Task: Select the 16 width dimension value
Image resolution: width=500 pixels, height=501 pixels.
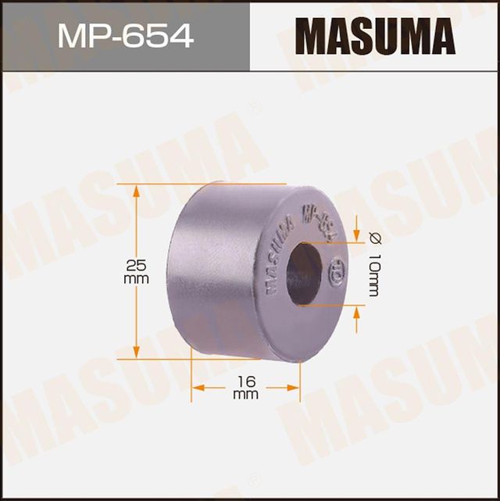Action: tap(245, 381)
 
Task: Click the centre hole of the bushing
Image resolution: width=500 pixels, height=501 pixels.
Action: tap(303, 274)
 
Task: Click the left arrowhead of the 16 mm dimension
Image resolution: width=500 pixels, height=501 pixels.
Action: tap(197, 386)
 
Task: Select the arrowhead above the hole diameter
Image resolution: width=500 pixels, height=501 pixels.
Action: tap(357, 235)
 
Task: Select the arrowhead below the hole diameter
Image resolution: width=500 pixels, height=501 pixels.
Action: tap(357, 312)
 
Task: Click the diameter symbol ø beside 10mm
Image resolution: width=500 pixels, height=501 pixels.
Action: tap(371, 238)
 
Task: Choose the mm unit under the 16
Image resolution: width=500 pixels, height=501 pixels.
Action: tap(245, 395)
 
